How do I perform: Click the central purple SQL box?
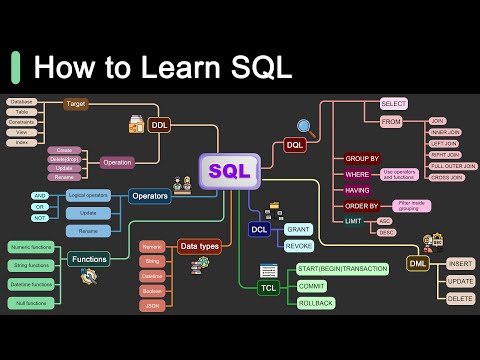(x=229, y=171)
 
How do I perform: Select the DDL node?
(x=160, y=126)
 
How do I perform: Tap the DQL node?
(x=295, y=145)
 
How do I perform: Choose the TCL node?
(x=268, y=287)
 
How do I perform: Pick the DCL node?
(x=259, y=229)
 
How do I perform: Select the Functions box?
(x=89, y=259)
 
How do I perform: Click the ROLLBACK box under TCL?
(x=315, y=303)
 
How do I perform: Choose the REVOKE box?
(x=298, y=245)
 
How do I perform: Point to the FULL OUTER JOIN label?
(x=453, y=166)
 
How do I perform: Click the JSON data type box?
(x=152, y=306)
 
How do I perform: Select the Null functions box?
(x=31, y=302)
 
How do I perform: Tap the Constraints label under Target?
(x=21, y=122)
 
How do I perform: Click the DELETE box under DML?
(x=460, y=298)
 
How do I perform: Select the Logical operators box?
(x=87, y=196)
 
